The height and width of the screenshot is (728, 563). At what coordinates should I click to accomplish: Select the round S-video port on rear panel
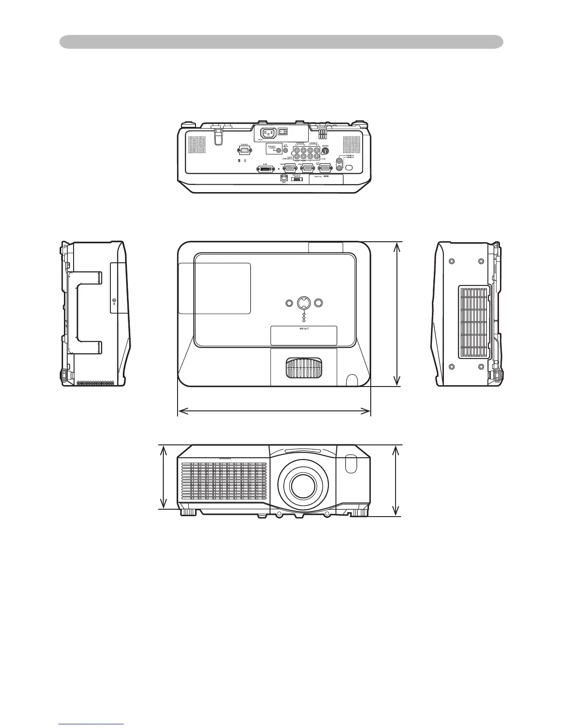coord(326,149)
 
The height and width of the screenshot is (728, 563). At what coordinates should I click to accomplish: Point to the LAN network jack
coord(284,177)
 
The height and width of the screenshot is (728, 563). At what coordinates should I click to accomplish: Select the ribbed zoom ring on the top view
coord(304,368)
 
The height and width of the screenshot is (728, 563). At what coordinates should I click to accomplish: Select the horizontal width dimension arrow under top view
coord(274,411)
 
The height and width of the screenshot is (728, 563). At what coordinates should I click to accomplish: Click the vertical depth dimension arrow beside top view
coord(397,314)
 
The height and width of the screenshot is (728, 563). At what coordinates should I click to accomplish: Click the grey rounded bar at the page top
coord(281,42)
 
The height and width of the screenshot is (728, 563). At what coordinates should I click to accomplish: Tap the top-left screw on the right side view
coord(451,261)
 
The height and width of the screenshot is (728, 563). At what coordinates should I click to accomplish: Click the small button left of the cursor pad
coord(289,303)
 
